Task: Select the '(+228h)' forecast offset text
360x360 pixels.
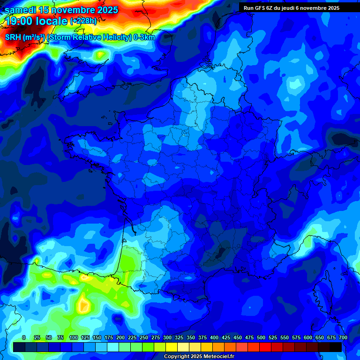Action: pyautogui.click(x=83, y=21)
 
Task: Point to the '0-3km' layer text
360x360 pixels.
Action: pyautogui.click(x=144, y=37)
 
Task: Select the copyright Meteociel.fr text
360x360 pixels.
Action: pyautogui.click(x=199, y=357)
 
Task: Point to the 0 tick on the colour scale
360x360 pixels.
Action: pyautogui.click(x=24, y=337)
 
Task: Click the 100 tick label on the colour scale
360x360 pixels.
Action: pyautogui.click(x=74, y=337)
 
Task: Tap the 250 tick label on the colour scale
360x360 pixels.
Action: pyautogui.click(x=144, y=337)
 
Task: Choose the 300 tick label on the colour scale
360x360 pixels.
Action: pyautogui.click(x=167, y=337)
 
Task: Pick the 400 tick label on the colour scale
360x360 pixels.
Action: pyautogui.click(x=214, y=337)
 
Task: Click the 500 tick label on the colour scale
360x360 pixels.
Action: pyautogui.click(x=261, y=337)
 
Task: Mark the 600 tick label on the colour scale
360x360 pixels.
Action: pyautogui.click(x=308, y=337)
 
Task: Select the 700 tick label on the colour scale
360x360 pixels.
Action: pyautogui.click(x=343, y=337)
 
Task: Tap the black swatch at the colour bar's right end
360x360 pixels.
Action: pyautogui.click(x=336, y=347)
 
